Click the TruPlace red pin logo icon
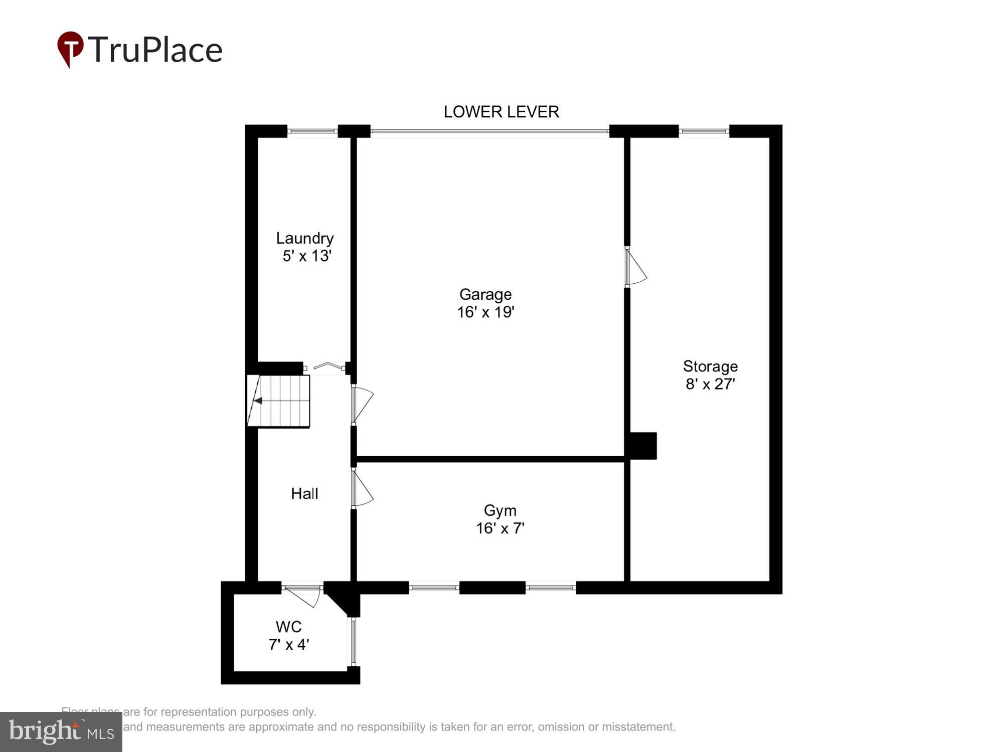coord(70,49)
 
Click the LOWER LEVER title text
coord(501,112)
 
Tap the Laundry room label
coord(304,238)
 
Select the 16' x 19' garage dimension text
coord(485,312)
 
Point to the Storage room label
coord(710,366)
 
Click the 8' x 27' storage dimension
coord(710,384)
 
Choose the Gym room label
coord(500,510)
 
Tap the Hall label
coord(304,494)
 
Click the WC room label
coord(288,627)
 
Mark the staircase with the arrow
coord(278,401)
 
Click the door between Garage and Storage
coord(634,267)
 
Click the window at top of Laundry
coord(312,131)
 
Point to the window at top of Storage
coord(704,131)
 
